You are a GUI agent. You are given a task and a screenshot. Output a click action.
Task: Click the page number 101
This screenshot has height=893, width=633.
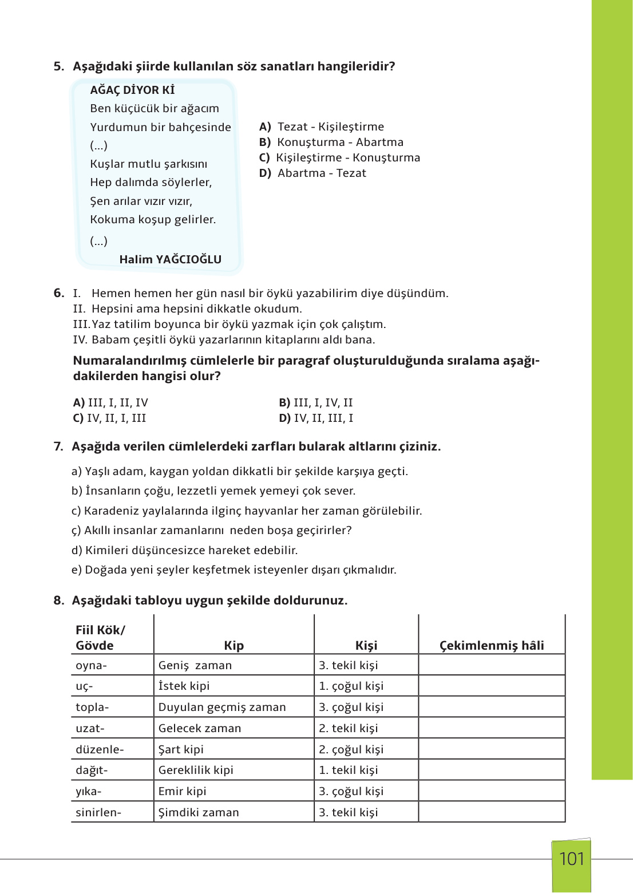point(571,859)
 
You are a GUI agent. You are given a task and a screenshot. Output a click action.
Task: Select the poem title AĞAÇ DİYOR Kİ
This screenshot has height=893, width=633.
point(132,90)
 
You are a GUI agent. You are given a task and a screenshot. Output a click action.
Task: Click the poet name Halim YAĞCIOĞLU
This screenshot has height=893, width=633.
point(170,259)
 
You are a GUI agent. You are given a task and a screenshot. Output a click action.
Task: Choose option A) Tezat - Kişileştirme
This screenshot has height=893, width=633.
point(322,127)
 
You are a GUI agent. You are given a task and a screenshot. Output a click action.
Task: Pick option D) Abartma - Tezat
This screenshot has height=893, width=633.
point(312,173)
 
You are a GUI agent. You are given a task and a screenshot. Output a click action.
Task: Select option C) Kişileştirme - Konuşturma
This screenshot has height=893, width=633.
point(339,157)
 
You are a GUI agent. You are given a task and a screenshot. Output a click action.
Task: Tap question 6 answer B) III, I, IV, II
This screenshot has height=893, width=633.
point(316,402)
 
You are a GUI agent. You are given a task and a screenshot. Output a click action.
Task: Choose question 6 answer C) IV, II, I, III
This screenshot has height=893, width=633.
point(109,418)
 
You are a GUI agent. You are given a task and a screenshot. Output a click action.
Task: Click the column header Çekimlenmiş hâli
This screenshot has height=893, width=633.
point(492,645)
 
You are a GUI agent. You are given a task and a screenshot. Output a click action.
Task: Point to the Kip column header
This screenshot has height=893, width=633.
point(234,645)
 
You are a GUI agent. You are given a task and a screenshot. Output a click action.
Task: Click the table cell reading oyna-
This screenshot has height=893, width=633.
point(92,665)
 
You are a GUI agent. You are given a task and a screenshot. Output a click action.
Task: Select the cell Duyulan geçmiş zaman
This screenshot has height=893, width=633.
point(222,707)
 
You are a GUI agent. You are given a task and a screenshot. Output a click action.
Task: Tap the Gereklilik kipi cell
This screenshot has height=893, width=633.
point(196,770)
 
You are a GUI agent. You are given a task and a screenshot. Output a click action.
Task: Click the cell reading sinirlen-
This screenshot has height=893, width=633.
point(98,812)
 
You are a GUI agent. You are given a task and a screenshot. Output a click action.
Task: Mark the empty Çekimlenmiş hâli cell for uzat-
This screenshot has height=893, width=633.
point(492,728)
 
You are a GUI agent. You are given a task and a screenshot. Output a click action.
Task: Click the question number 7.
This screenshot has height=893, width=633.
point(58,446)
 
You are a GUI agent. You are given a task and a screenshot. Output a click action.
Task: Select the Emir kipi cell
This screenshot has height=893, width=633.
point(182,791)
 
